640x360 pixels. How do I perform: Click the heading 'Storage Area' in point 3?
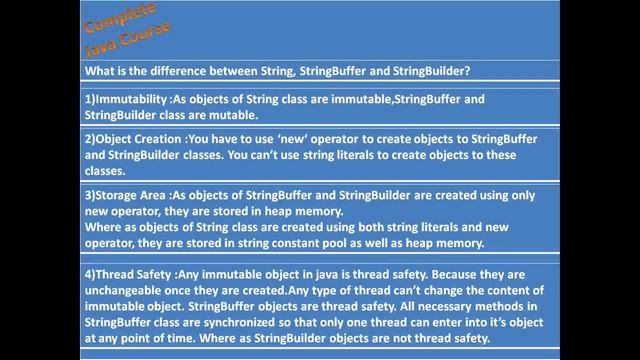[x=135, y=196]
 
